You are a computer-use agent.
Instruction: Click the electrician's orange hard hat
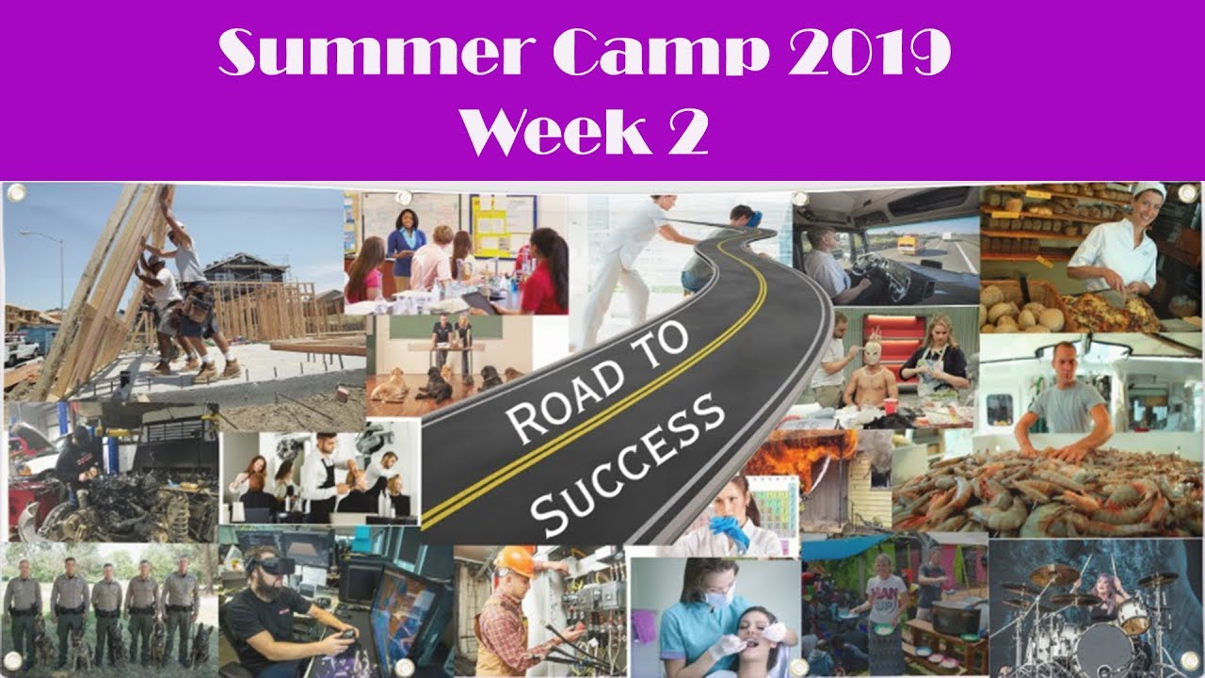515,561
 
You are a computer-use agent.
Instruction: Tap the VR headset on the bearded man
274,567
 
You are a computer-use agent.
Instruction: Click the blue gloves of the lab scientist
731,531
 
